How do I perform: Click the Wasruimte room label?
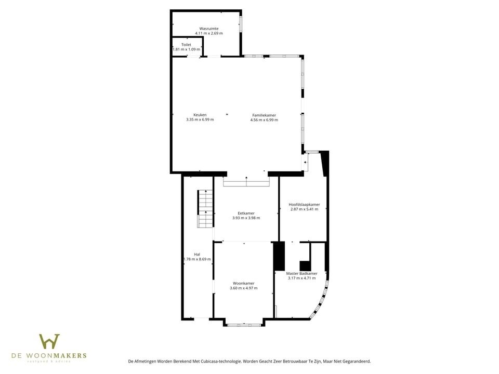tap(208, 28)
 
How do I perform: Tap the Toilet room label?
tap(186, 45)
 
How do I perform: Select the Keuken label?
tap(200, 115)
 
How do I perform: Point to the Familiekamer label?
tap(264, 115)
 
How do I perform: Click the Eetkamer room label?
tap(246, 213)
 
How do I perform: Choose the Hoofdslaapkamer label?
tap(304, 205)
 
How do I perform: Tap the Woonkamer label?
tap(244, 283)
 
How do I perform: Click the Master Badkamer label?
tap(301, 273)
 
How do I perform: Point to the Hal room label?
tap(197, 254)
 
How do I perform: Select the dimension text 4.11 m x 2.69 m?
tap(208, 33)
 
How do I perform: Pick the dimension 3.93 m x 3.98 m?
tap(246, 218)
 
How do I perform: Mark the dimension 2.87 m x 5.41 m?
tap(304, 209)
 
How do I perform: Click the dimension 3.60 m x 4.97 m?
tap(244, 288)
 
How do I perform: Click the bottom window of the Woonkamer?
tap(244, 325)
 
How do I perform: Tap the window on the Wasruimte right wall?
tap(241, 24)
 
